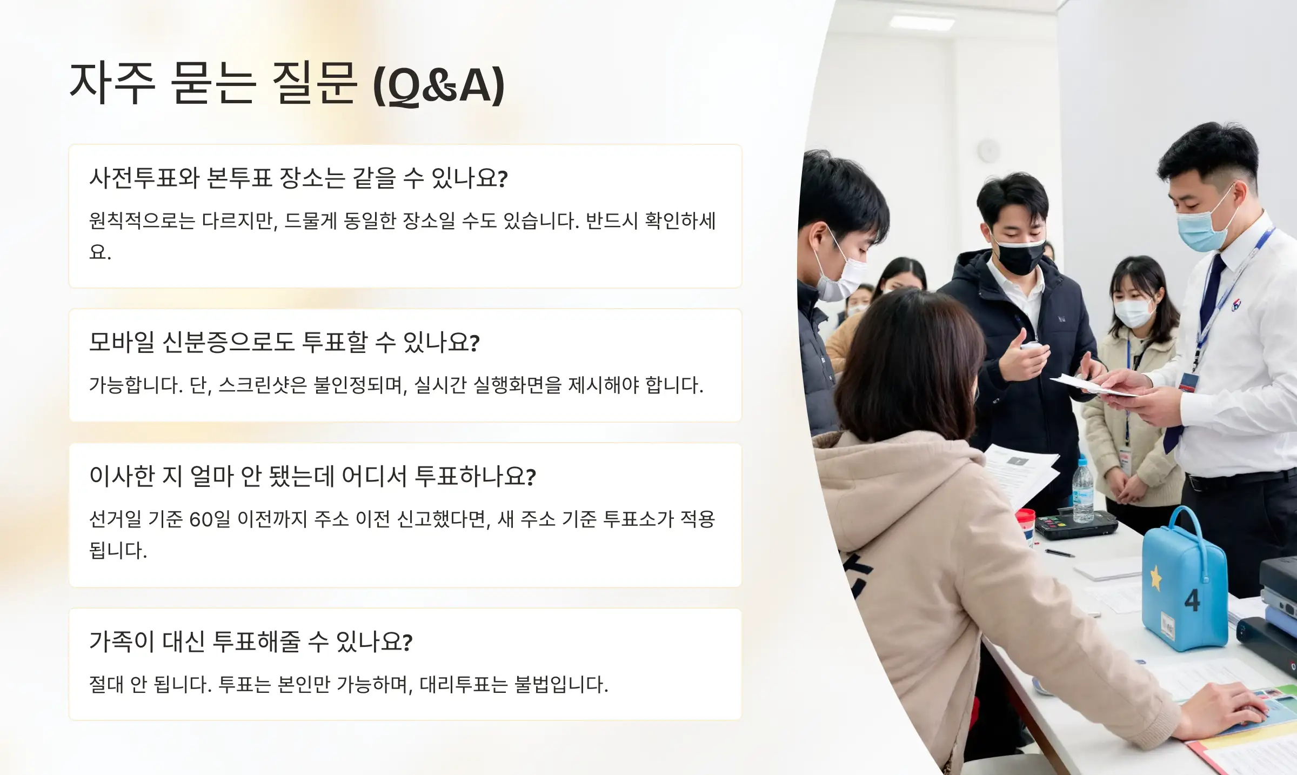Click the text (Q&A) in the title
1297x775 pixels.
tap(438, 85)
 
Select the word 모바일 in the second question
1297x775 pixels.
tap(122, 342)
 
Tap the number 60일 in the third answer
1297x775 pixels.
tap(209, 519)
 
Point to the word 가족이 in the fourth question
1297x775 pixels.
tap(122, 642)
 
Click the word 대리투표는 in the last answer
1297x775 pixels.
tap(464, 685)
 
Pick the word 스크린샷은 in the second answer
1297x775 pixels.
tap(263, 385)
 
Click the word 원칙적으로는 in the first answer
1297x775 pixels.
tap(142, 221)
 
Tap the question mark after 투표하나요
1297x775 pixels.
tap(531, 477)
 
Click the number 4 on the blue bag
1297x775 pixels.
tap(1192, 600)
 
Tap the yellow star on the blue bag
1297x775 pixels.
tap(1156, 578)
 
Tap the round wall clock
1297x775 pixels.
tap(988, 150)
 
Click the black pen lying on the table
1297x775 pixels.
tap(1059, 553)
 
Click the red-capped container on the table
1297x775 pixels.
tap(1025, 524)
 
